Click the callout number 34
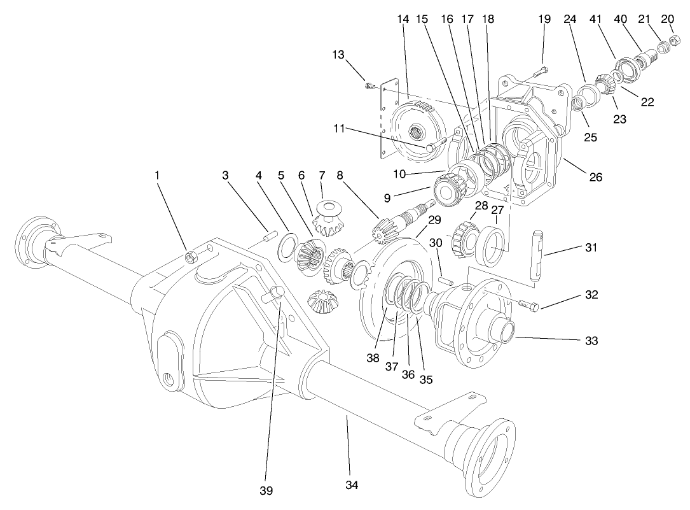coord(352,486)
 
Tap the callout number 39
coord(266,490)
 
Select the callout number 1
coord(156,174)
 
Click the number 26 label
coord(595,178)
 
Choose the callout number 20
coord(667,19)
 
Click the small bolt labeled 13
coord(369,85)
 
